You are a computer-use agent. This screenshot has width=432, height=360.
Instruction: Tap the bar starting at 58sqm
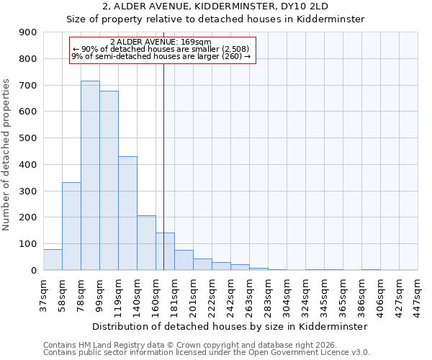coord(71,226)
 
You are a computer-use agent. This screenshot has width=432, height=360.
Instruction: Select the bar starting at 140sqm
coord(146,243)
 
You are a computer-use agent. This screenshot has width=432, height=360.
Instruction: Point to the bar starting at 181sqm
coord(184,260)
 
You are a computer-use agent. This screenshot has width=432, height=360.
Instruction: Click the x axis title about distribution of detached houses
coord(230,326)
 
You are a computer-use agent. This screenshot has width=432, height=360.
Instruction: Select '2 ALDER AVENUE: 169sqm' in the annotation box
coord(161,42)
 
